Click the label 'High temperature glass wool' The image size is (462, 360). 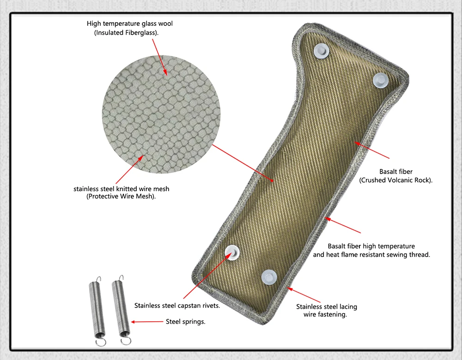point(130,24)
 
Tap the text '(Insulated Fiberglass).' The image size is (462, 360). point(127,33)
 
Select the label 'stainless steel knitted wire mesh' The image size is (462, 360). point(122,189)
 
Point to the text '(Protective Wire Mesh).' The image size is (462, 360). point(121,196)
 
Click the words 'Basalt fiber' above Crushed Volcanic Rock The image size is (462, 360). point(396,171)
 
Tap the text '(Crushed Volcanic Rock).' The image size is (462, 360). point(396,180)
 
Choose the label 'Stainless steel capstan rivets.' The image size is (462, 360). point(177,306)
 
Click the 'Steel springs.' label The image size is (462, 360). point(186,321)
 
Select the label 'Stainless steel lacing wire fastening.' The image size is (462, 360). point(327,311)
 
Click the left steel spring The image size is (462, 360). point(97,311)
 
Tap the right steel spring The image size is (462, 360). point(121,310)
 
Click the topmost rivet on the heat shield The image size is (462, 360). point(321,51)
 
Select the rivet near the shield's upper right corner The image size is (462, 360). point(381,80)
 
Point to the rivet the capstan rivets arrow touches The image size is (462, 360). point(232,252)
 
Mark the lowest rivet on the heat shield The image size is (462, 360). point(269,277)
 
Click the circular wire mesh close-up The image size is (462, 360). point(161,114)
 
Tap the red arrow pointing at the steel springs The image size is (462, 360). point(147,322)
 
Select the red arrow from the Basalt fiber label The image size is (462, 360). point(371,150)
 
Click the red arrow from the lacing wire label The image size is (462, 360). point(304,295)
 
